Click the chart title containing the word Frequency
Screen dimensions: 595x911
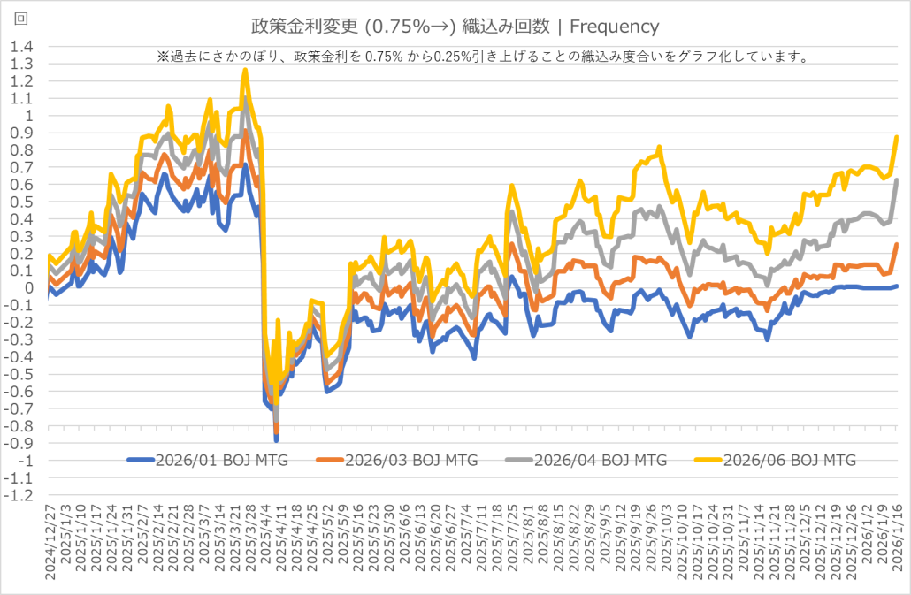pos(455,27)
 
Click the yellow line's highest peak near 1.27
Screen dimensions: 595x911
pos(244,70)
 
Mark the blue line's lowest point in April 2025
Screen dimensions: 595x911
pos(276,439)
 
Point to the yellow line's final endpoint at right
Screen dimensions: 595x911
pos(897,137)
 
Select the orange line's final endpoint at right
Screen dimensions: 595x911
pos(897,244)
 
